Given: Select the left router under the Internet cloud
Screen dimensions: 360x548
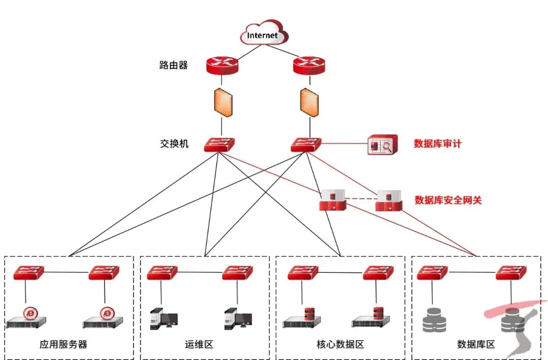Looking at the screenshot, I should point(222,64).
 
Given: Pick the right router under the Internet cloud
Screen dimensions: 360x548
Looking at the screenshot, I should point(309,64).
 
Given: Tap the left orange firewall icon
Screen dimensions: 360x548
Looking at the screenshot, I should point(222,103).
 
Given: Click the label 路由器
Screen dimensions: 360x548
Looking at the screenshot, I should point(174,65).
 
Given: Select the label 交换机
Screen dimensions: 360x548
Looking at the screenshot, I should point(174,144).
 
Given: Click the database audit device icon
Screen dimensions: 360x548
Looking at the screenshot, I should point(381,146).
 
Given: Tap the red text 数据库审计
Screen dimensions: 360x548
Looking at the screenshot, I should point(437,144).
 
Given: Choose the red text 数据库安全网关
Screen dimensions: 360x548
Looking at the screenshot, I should point(448,200).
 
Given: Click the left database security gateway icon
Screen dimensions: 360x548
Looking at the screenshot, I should point(333,201).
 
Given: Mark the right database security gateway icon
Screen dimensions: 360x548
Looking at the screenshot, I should point(389,201).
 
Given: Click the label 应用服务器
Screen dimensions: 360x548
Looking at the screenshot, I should point(63,345).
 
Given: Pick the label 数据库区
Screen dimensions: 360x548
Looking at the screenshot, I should point(475,345).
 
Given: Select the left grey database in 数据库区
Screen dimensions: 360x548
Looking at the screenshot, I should point(434,319).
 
